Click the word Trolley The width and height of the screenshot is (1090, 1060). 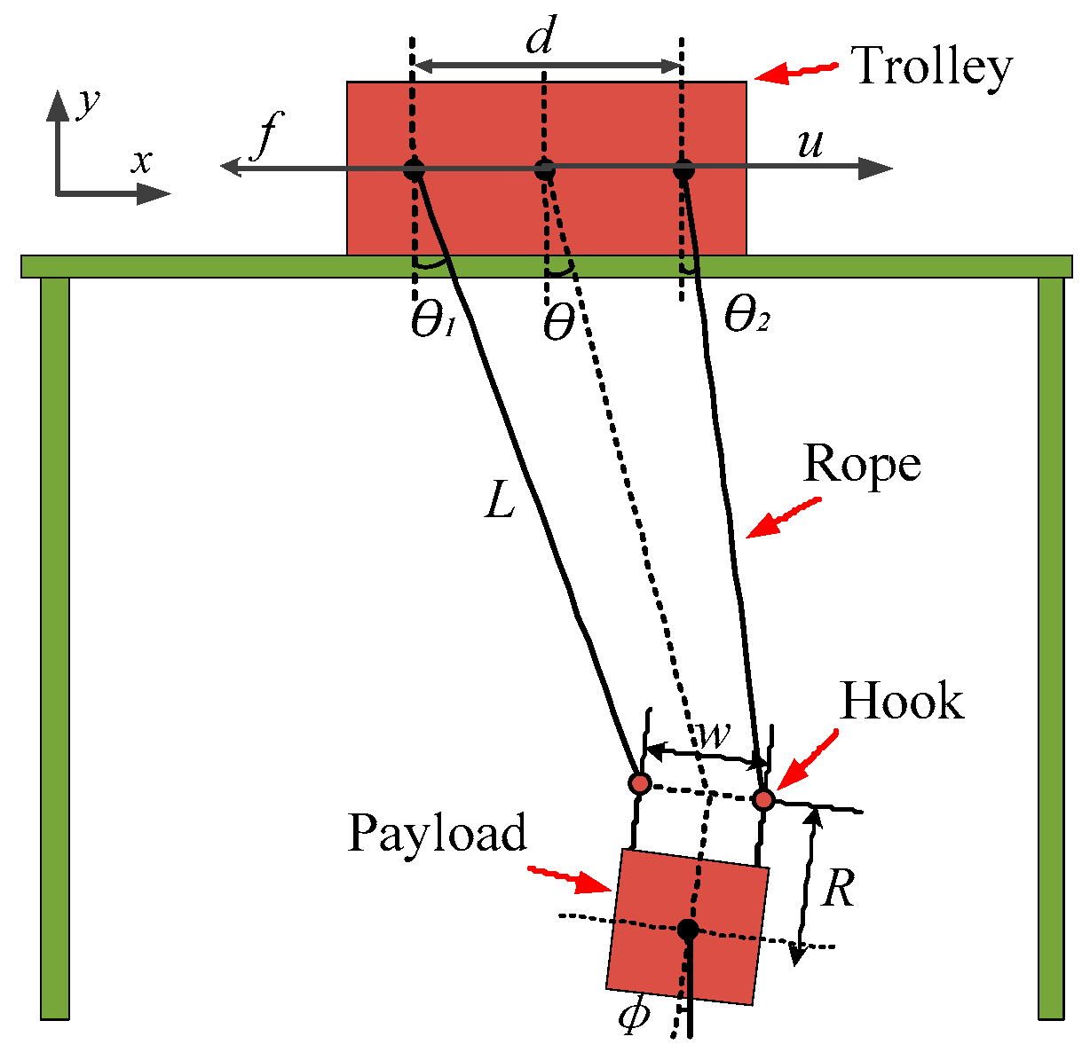pyautogui.click(x=931, y=67)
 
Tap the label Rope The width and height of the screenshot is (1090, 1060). pyautogui.click(x=861, y=465)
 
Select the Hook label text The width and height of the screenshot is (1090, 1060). pyautogui.click(x=902, y=703)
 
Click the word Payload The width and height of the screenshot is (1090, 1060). pyautogui.click(x=437, y=834)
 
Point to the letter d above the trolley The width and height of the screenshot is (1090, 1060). pyautogui.click(x=541, y=40)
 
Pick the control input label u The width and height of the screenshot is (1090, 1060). pyautogui.click(x=810, y=143)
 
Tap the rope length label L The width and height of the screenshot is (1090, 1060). pyautogui.click(x=501, y=503)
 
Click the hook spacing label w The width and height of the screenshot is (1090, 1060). pyautogui.click(x=713, y=734)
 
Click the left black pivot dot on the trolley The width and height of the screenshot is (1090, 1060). pyautogui.click(x=414, y=169)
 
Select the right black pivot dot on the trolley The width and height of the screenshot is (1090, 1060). pyautogui.click(x=683, y=169)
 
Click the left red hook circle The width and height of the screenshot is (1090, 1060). pyautogui.click(x=639, y=783)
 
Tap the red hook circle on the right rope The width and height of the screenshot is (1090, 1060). pyautogui.click(x=764, y=800)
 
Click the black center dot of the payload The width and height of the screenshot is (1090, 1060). pyautogui.click(x=687, y=929)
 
